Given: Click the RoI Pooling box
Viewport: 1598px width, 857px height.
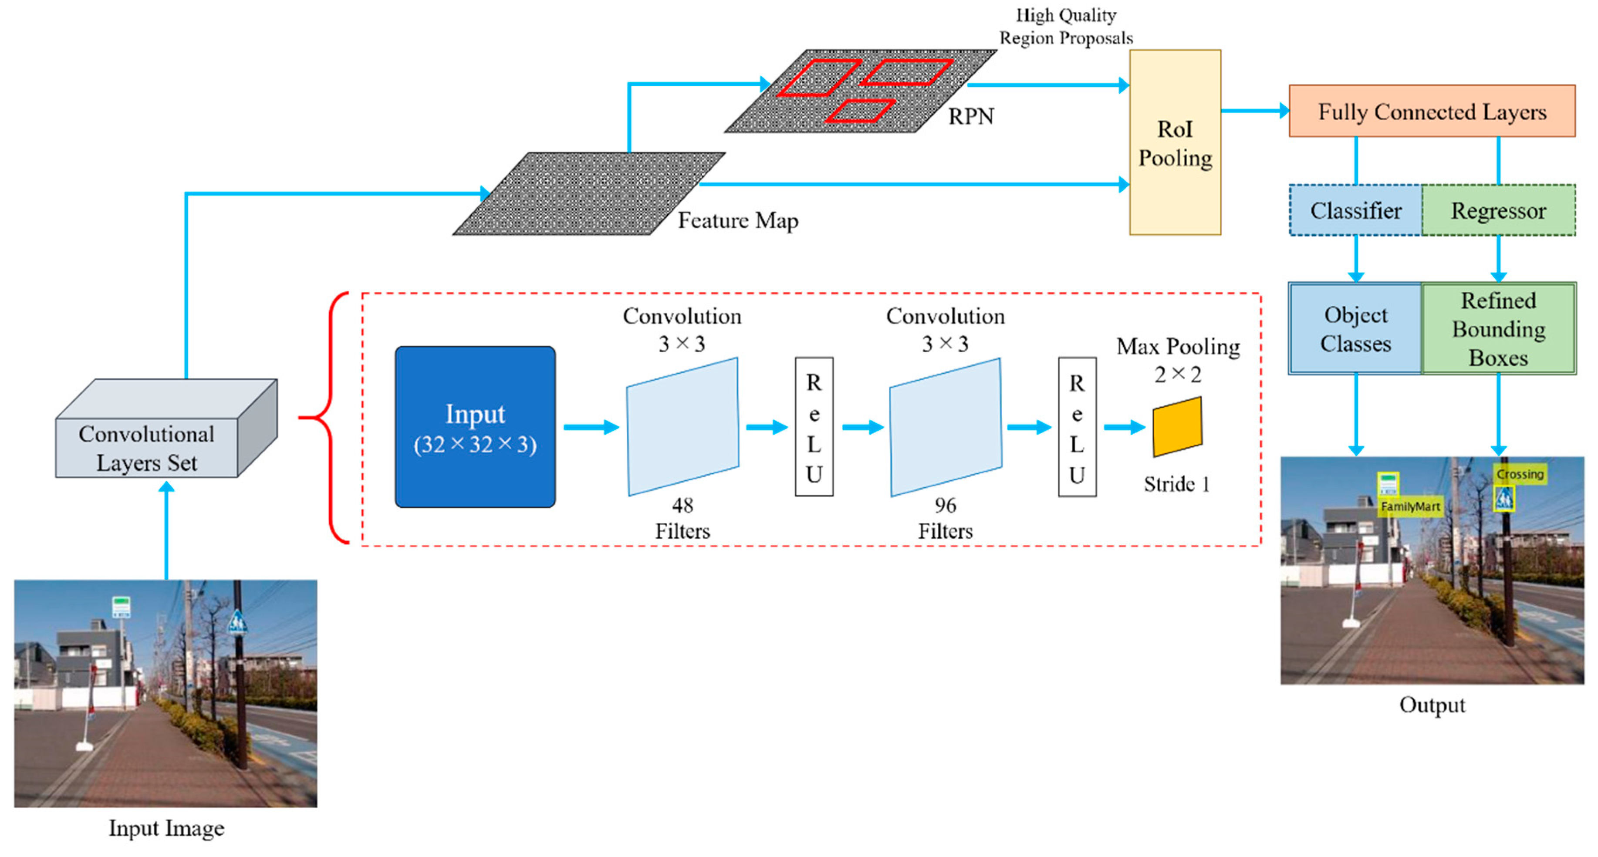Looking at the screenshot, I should coord(1174,143).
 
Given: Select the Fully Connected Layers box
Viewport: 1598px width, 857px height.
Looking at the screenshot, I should coord(1431,111).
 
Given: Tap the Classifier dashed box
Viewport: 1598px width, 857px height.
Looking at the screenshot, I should coord(1355,211).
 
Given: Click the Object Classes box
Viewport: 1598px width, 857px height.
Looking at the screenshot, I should coord(1355,329).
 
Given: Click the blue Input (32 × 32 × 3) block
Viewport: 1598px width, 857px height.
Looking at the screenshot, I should coord(475,427).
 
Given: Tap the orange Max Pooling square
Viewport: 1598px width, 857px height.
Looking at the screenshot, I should coord(1177,427).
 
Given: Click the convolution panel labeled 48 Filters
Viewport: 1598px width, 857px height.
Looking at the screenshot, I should coord(682,427).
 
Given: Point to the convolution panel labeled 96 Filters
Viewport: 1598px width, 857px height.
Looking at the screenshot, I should coord(946,427).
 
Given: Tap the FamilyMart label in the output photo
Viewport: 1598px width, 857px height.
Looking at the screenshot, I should coord(1409,506).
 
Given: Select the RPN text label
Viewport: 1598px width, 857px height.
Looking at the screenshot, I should coord(971,117).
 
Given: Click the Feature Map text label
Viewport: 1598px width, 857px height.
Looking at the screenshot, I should coord(737,221).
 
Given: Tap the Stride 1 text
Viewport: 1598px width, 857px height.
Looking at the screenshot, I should coord(1177,484).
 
